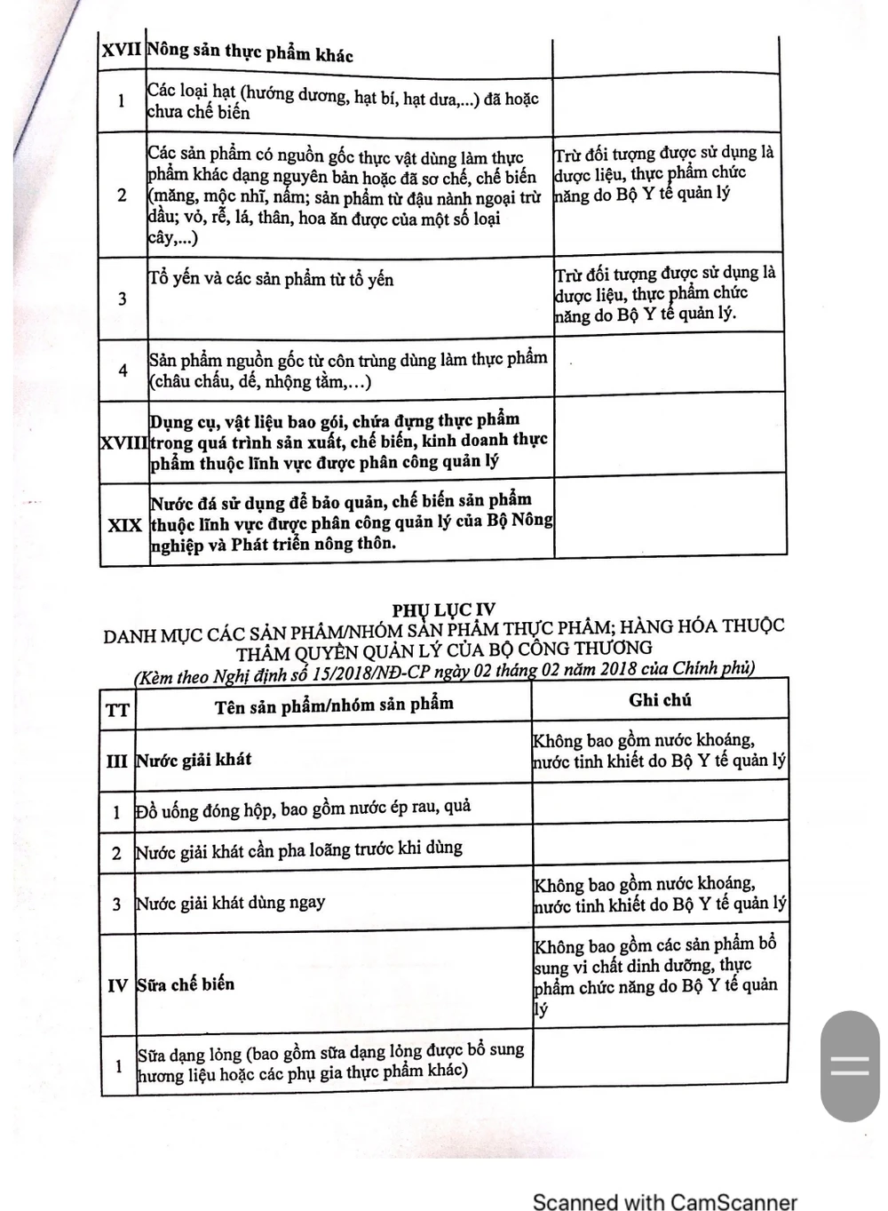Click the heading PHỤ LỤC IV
tap(444, 609)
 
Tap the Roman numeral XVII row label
tap(122, 50)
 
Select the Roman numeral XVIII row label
tap(123, 442)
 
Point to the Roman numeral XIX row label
tap(124, 525)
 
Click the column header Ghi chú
tap(660, 700)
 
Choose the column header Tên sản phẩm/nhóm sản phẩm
tap(334, 705)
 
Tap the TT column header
tap(117, 710)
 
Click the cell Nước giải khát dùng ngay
tap(230, 904)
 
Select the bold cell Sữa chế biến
tap(186, 984)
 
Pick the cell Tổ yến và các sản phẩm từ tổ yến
tap(271, 279)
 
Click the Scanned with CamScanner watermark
tap(664, 1201)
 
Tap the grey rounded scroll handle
tap(849, 1065)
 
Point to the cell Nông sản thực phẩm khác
tap(250, 52)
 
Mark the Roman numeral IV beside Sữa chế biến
tap(117, 985)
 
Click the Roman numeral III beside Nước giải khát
tap(116, 761)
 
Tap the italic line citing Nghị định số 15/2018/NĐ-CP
tap(444, 672)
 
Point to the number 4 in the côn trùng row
tap(123, 370)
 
